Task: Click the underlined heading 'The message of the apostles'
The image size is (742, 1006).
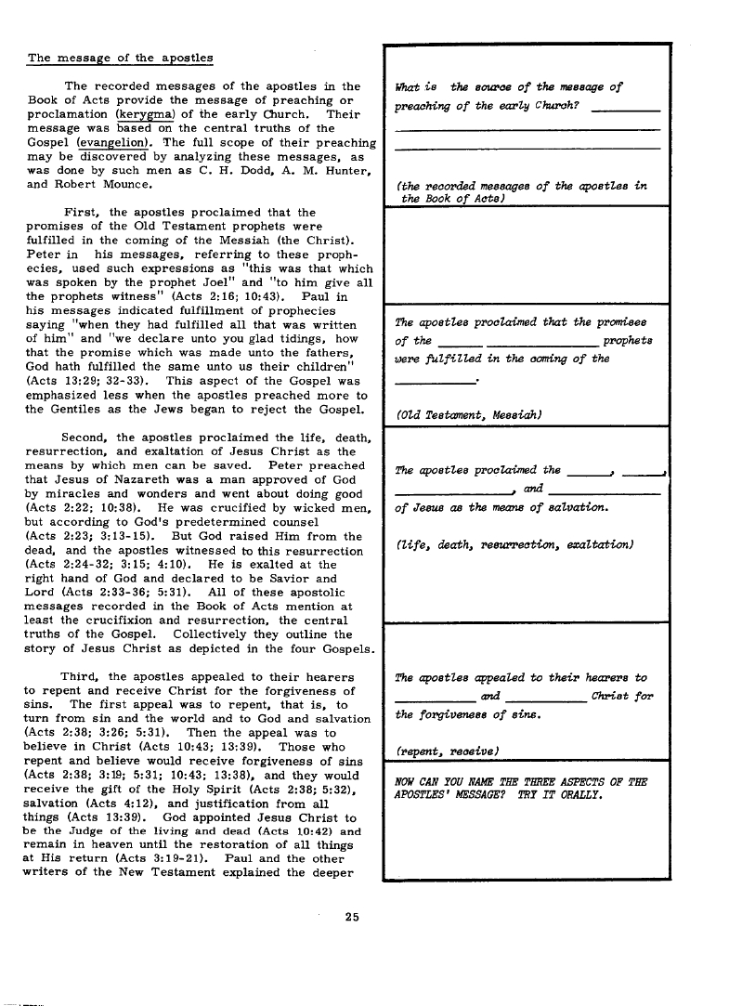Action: point(120,58)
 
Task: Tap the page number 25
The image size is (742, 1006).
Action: point(352,917)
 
